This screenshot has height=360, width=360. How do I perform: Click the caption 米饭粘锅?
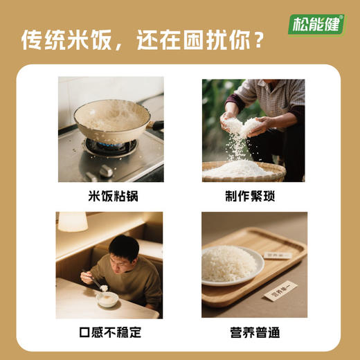[x=111, y=196]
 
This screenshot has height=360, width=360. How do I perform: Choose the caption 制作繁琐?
[x=250, y=196]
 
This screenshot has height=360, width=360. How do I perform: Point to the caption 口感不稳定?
[x=111, y=332]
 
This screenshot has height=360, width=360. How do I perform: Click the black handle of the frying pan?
[x=157, y=126]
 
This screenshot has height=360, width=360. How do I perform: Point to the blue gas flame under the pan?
[x=110, y=146]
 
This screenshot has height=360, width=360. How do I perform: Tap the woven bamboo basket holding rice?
[x=243, y=171]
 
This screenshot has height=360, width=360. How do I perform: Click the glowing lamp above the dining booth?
[x=73, y=222]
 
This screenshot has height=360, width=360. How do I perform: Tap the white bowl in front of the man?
[x=107, y=299]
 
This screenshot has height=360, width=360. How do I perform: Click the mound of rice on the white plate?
[x=228, y=264]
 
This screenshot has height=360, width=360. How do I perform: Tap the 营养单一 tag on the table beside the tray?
[x=280, y=290]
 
